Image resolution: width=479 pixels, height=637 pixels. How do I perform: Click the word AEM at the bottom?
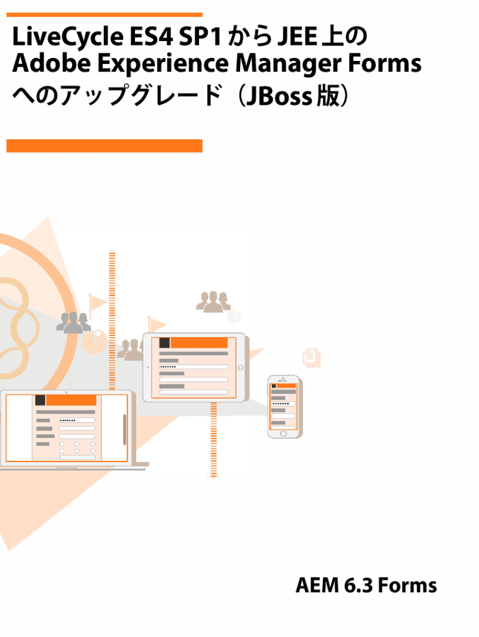click(316, 585)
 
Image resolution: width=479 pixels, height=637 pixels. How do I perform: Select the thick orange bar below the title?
click(105, 146)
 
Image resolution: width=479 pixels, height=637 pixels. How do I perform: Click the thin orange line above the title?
click(105, 14)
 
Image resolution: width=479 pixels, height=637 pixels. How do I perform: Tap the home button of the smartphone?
click(283, 434)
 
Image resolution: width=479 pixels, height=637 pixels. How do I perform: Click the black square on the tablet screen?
click(165, 343)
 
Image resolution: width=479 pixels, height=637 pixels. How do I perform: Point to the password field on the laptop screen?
click(77, 421)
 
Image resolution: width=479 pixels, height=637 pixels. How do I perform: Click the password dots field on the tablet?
click(193, 366)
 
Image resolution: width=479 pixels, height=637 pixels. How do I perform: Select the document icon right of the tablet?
click(311, 356)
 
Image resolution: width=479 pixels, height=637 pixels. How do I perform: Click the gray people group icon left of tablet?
click(73, 323)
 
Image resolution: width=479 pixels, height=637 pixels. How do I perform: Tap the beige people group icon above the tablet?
click(213, 302)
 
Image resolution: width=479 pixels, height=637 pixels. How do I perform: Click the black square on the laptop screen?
click(40, 401)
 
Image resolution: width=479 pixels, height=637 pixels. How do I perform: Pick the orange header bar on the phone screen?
click(286, 386)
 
